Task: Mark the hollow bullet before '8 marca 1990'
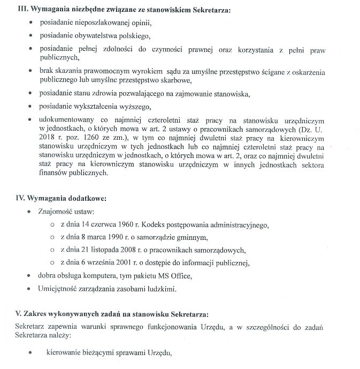52,237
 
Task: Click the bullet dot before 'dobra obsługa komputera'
29,276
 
